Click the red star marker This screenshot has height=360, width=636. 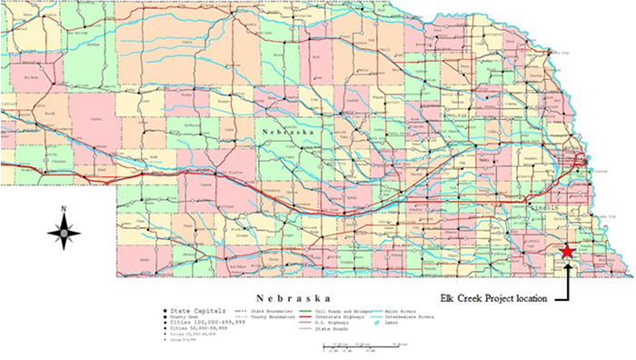pos(568,250)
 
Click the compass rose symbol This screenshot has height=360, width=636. pos(64,234)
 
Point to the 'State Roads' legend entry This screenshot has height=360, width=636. pos(318,330)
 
